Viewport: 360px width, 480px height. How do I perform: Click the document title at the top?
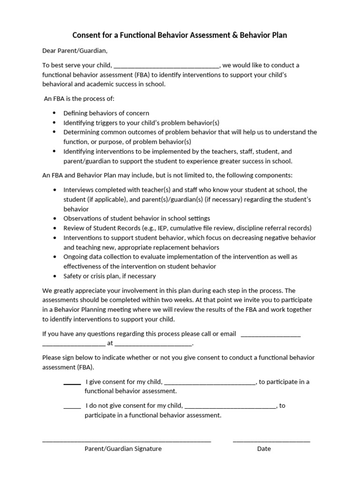click(x=180, y=35)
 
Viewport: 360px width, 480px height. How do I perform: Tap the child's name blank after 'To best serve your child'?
click(x=166, y=66)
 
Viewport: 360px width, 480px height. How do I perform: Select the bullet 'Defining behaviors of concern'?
click(x=106, y=113)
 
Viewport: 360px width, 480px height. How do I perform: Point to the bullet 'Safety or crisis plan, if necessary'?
click(x=110, y=276)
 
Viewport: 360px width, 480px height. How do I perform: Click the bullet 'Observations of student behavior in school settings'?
click(x=137, y=218)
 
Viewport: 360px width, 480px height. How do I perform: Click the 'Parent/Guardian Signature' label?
click(x=123, y=449)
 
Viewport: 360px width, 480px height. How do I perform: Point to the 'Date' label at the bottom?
click(x=264, y=449)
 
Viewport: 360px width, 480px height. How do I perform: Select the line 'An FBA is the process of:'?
click(x=79, y=99)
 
